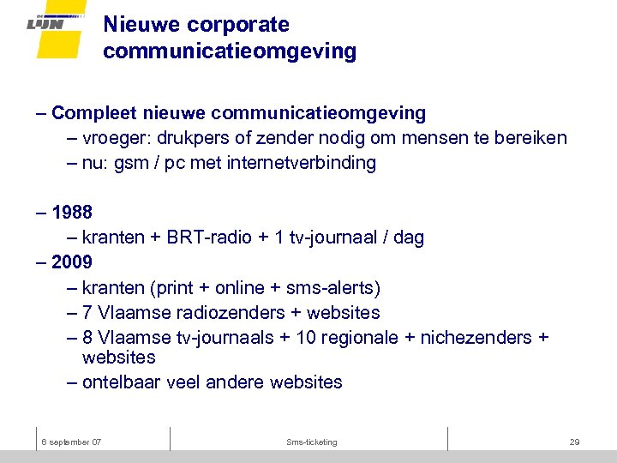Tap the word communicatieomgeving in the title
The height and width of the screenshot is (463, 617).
tap(230, 51)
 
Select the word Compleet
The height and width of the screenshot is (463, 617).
tap(93, 113)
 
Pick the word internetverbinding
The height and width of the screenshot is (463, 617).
tap(302, 163)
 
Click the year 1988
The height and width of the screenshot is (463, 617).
tap(72, 212)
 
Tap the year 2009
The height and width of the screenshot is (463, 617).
tap(72, 262)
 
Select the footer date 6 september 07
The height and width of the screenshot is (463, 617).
tap(72, 442)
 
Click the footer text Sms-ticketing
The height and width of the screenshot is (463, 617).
tap(312, 442)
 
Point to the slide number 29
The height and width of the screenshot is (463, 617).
tap(574, 442)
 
